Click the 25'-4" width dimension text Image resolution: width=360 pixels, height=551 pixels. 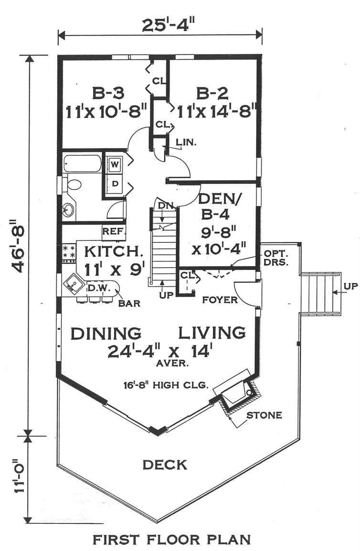click(168, 25)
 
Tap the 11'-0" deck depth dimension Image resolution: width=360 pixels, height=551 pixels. click(20, 476)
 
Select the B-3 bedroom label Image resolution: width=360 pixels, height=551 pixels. click(108, 94)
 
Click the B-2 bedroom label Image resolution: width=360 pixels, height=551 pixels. click(212, 94)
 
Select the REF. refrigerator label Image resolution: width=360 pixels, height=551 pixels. click(114, 232)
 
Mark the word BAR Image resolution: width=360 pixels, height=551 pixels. click(129, 303)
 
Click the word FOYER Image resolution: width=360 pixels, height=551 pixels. click(220, 300)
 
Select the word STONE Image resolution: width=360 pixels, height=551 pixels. click(264, 415)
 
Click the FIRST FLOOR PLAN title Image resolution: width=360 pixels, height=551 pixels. click(172, 540)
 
